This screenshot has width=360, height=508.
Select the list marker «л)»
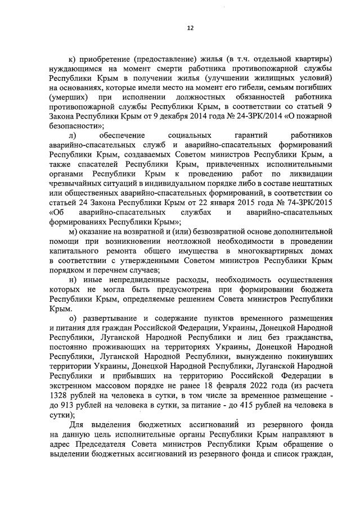72,135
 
